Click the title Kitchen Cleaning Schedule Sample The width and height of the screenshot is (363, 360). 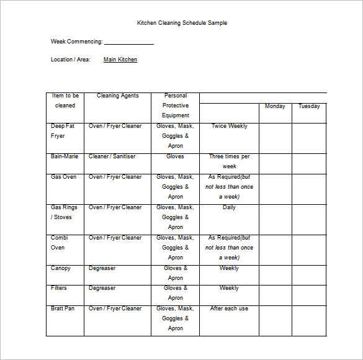(182, 23)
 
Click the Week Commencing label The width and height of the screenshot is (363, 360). (76, 42)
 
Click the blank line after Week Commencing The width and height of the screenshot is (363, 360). (129, 43)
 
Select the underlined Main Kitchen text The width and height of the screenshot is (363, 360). (120, 60)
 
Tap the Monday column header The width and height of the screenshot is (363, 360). (275, 106)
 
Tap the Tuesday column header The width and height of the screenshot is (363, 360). (309, 106)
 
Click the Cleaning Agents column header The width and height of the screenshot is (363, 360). (117, 96)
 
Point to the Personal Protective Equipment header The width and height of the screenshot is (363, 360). (176, 106)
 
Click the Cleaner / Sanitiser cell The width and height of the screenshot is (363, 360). (112, 156)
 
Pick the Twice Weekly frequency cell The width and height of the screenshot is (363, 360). (229, 126)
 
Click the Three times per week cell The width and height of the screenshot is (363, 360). (229, 161)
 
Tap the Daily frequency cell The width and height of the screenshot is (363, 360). (229, 207)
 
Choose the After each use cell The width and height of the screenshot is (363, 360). (229, 308)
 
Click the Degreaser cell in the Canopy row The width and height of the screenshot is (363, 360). (102, 268)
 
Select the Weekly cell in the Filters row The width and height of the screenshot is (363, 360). (229, 288)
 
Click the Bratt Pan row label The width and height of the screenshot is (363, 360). (62, 308)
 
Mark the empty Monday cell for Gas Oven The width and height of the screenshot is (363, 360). (275, 189)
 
